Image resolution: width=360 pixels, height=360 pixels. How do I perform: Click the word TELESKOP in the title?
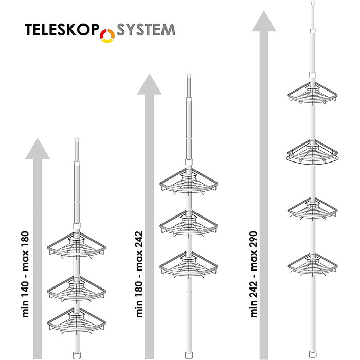click(62, 29)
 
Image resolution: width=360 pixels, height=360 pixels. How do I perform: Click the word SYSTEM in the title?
click(146, 29)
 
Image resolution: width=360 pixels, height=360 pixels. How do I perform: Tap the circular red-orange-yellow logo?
click(107, 36)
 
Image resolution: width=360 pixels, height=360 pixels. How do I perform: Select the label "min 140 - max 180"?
click(26, 274)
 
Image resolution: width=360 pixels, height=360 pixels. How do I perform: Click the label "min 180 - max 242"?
click(139, 274)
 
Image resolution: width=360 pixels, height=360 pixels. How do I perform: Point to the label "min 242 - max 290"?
click(254, 274)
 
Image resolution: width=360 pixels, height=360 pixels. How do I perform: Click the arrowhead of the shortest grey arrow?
click(38, 149)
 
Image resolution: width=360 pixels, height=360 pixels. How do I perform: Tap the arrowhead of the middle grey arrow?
click(149, 84)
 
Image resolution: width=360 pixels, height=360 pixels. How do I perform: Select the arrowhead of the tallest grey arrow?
click(264, 21)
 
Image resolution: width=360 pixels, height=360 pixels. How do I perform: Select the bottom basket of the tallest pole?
click(313, 265)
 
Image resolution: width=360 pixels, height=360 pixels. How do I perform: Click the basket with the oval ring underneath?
click(312, 152)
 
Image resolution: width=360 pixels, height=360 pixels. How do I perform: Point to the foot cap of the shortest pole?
click(77, 355)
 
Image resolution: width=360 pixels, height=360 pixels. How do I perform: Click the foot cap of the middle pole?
click(189, 355)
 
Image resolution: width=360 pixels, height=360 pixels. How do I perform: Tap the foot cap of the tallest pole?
click(313, 354)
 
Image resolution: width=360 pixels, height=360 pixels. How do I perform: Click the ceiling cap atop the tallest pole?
click(313, 2)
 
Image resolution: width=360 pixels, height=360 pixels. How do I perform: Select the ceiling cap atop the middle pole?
click(189, 75)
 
